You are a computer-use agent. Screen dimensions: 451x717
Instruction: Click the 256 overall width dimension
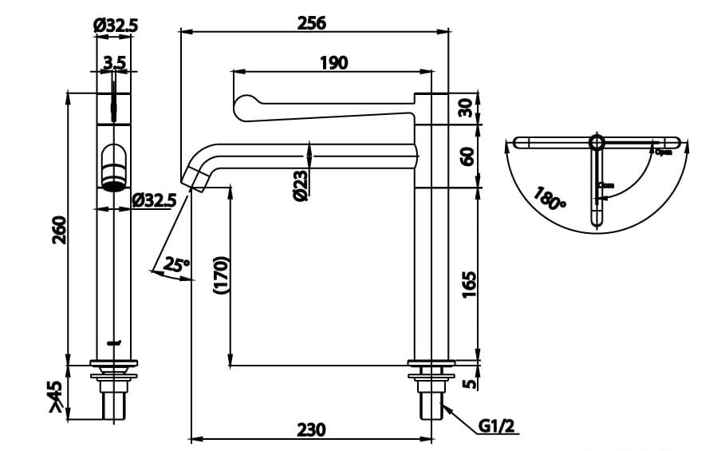coord(311,23)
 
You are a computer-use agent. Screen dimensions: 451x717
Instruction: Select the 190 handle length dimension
coord(333,62)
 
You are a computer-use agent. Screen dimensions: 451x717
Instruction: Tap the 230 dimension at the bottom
coord(311,429)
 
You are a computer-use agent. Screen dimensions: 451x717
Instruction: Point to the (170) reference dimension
coord(221,275)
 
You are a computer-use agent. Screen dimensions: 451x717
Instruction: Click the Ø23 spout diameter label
coord(300,184)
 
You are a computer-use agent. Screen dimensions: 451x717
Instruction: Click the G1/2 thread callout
coord(499,427)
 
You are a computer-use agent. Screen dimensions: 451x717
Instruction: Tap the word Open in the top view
coord(663,152)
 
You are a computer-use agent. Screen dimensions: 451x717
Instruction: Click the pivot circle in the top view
coord(597,142)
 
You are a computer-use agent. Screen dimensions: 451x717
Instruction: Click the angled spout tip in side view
coord(196,176)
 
